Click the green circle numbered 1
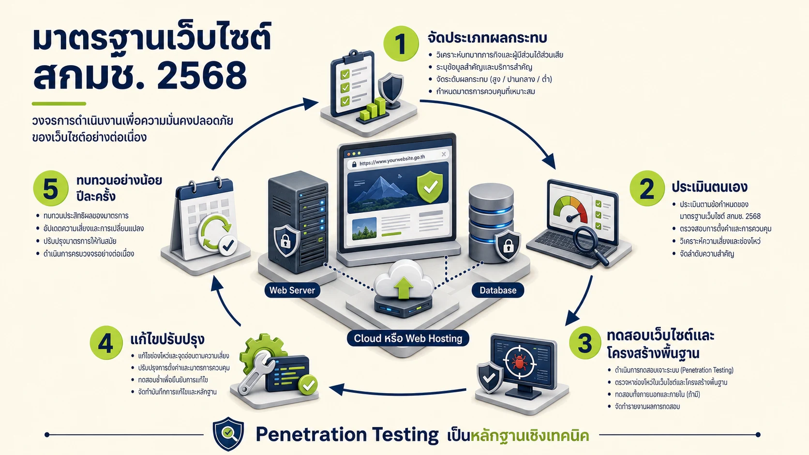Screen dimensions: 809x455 pyautogui.click(x=401, y=44)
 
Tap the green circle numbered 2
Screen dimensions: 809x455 pyautogui.click(x=647, y=189)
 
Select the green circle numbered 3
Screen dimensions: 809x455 pyautogui.click(x=585, y=343)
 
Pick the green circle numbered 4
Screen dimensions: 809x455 pyautogui.click(x=106, y=343)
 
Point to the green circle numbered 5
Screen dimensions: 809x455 pyautogui.click(x=50, y=189)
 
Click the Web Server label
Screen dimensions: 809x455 pyautogui.click(x=292, y=290)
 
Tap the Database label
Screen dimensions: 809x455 pyautogui.click(x=498, y=290)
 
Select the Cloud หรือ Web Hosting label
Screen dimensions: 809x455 pyautogui.click(x=408, y=338)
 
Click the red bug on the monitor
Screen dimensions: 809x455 pyautogui.click(x=519, y=362)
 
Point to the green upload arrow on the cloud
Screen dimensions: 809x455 pyautogui.click(x=404, y=287)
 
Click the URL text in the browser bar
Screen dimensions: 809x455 pyautogui.click(x=392, y=160)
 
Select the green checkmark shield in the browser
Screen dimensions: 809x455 pyautogui.click(x=430, y=187)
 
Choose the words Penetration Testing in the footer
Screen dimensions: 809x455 pyautogui.click(x=347, y=434)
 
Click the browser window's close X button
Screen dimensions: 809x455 pyautogui.click(x=444, y=154)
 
